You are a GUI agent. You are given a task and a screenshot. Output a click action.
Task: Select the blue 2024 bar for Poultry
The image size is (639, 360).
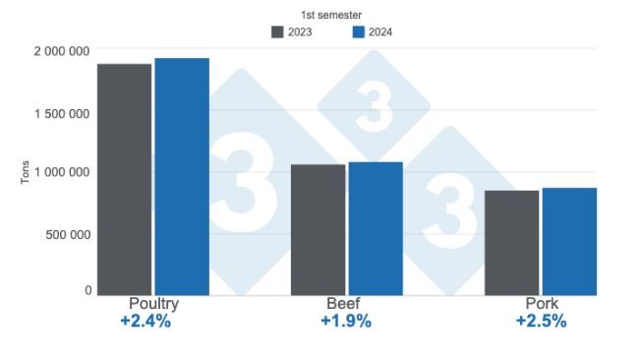pyautogui.click(x=182, y=176)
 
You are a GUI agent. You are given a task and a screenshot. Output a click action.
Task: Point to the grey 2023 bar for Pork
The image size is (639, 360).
pyautogui.click(x=511, y=242)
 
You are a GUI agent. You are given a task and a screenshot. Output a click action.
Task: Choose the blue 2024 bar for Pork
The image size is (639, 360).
pyautogui.click(x=569, y=241)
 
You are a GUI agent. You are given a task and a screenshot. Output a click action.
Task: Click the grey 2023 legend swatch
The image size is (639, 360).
pyautogui.click(x=277, y=31)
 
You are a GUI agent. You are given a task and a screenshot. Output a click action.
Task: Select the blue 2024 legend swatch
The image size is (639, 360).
pyautogui.click(x=359, y=31)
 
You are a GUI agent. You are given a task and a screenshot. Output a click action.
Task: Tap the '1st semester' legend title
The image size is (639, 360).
pyautogui.click(x=330, y=14)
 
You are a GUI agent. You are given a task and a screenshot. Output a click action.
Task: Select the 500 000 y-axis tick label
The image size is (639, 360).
pyautogui.click(x=68, y=234)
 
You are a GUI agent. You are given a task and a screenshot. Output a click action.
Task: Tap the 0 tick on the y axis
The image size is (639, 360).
pyautogui.click(x=87, y=290)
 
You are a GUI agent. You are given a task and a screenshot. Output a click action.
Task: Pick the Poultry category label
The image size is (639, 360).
pyautogui.click(x=153, y=304)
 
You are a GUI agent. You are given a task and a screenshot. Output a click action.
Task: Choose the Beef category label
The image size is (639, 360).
pyautogui.click(x=346, y=304)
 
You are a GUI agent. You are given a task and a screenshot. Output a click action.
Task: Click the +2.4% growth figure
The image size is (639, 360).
pyautogui.click(x=146, y=322)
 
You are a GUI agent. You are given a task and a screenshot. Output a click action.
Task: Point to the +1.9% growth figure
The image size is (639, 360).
pyautogui.click(x=346, y=322)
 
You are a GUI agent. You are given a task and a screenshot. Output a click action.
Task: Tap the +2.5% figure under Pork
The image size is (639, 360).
pyautogui.click(x=541, y=322)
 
